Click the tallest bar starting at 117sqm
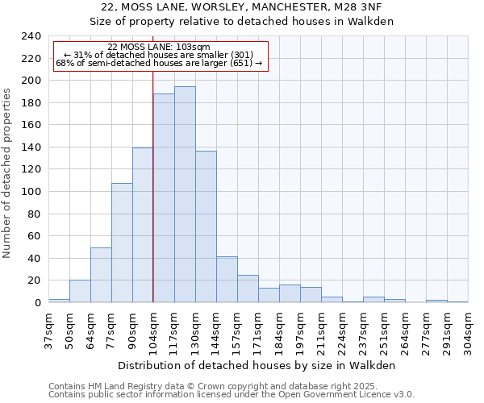(185, 194)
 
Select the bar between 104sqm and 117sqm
(164, 198)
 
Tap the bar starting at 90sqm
(143, 225)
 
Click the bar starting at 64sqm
(101, 275)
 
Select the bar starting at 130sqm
(206, 226)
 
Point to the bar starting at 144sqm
(227, 280)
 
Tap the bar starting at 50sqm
(80, 291)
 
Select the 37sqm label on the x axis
(48, 329)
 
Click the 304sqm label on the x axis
(468, 329)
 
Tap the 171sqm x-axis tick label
(258, 329)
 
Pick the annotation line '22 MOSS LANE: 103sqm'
(158, 48)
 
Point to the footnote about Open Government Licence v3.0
(232, 395)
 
